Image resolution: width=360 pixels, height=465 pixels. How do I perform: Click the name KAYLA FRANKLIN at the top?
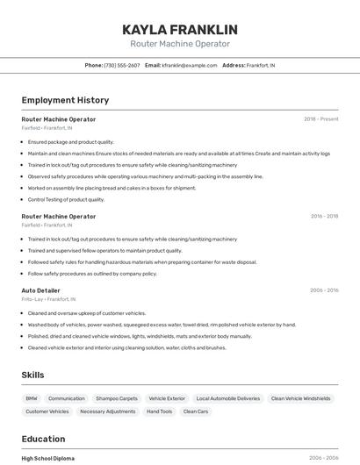pyautogui.click(x=180, y=30)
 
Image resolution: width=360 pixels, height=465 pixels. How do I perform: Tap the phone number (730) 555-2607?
pyautogui.click(x=121, y=65)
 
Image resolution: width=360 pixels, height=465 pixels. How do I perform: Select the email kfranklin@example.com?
pyautogui.click(x=188, y=65)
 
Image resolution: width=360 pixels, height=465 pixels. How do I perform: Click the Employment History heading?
pyautogui.click(x=65, y=100)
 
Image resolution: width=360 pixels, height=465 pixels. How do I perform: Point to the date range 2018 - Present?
pyautogui.click(x=321, y=119)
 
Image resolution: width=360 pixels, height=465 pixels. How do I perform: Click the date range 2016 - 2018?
pyautogui.click(x=324, y=216)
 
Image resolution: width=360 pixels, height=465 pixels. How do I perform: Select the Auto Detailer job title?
pyautogui.click(x=40, y=290)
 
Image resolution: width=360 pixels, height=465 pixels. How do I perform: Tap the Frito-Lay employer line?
pyautogui.click(x=48, y=299)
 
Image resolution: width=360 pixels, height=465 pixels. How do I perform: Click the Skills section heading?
pyautogui.click(x=32, y=375)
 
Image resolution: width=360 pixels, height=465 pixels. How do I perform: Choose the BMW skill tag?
pyautogui.click(x=32, y=398)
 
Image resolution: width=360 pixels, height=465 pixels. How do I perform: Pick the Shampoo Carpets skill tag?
pyautogui.click(x=117, y=398)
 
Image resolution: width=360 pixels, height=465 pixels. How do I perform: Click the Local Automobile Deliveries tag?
pyautogui.click(x=227, y=398)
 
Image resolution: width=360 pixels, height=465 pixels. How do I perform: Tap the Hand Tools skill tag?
pyautogui.click(x=159, y=411)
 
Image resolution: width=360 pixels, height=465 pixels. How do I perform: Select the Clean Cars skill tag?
pyautogui.click(x=196, y=411)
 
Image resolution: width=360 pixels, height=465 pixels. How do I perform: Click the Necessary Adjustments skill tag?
pyautogui.click(x=106, y=411)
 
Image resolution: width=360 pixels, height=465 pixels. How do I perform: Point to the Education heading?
pyautogui.click(x=43, y=439)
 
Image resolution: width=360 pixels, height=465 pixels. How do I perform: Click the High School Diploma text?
pyautogui.click(x=47, y=458)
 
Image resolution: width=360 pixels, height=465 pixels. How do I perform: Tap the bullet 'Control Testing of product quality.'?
pyautogui.click(x=66, y=199)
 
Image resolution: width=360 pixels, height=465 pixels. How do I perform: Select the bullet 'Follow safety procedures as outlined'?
pyautogui.click(x=92, y=273)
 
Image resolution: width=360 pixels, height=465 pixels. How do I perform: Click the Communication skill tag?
pyautogui.click(x=67, y=398)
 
